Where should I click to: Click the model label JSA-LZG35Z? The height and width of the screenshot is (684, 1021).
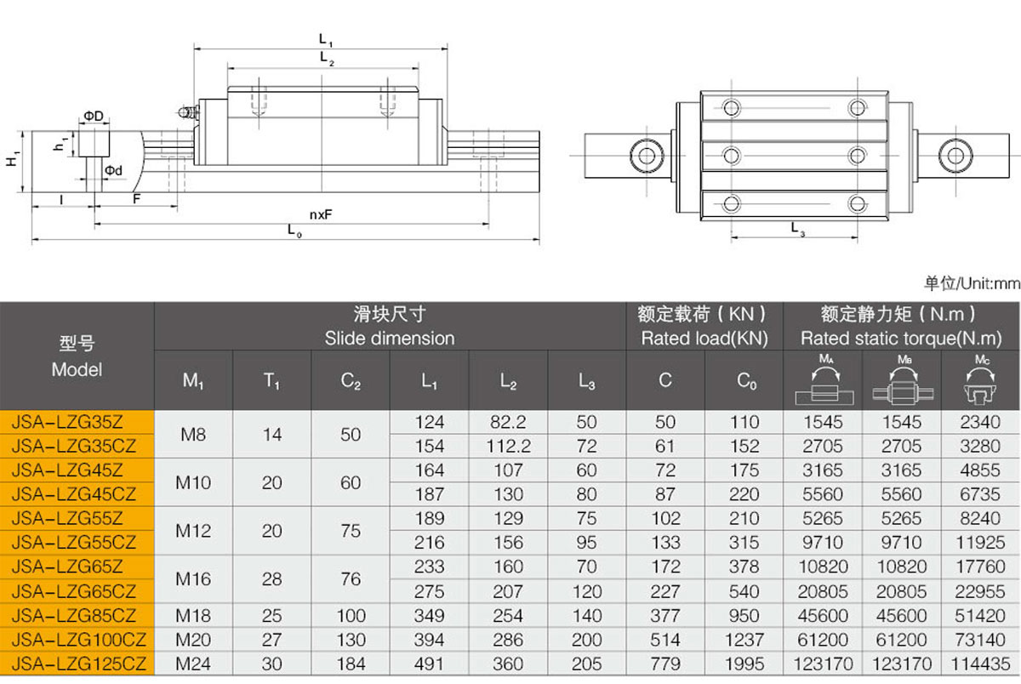click(x=67, y=422)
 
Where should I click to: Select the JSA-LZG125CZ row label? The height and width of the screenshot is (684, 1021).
click(x=79, y=664)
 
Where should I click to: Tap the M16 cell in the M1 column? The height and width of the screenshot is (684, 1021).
click(x=193, y=579)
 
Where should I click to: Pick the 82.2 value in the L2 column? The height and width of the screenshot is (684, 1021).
click(x=508, y=422)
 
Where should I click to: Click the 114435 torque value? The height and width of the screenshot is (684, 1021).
click(x=980, y=664)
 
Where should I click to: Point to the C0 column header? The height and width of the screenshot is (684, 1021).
click(x=747, y=380)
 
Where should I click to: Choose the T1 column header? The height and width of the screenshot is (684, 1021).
click(x=272, y=380)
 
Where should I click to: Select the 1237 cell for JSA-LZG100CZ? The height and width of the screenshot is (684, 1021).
click(x=744, y=640)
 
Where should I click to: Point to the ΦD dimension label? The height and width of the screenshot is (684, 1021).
click(x=94, y=117)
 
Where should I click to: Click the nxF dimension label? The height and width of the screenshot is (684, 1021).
click(x=321, y=214)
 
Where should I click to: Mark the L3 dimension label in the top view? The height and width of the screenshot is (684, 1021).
click(x=798, y=229)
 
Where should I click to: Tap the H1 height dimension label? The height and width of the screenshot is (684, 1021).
click(x=12, y=158)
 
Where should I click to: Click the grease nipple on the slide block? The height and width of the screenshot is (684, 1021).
click(x=187, y=112)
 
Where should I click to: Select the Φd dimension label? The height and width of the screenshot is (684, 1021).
click(x=113, y=170)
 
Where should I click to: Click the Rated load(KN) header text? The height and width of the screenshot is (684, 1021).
click(x=704, y=339)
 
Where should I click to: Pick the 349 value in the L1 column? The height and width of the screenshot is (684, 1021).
click(x=429, y=616)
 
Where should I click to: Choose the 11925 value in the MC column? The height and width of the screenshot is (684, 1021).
click(x=980, y=542)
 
